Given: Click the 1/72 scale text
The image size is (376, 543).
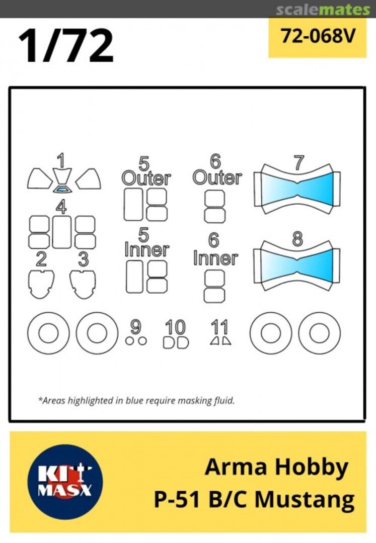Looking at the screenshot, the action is pyautogui.click(x=66, y=45).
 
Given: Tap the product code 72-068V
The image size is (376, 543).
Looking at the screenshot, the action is pyautogui.click(x=318, y=36).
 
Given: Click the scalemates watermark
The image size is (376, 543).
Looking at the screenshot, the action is pyautogui.click(x=323, y=10).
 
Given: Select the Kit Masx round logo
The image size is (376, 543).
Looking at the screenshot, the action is pyautogui.click(x=65, y=482).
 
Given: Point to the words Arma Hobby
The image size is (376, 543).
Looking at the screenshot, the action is pyautogui.click(x=276, y=468).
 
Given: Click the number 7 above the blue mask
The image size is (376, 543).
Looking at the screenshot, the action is pyautogui.click(x=298, y=163).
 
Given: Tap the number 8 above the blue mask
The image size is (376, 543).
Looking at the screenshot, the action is pyautogui.click(x=297, y=239).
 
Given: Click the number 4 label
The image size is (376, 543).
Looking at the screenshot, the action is pyautogui.click(x=61, y=207).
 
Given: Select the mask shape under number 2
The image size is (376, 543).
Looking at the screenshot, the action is pyautogui.click(x=41, y=284).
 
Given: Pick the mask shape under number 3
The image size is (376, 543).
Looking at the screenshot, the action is pyautogui.click(x=83, y=284).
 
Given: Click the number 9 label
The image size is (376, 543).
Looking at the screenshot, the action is pyautogui.click(x=135, y=327).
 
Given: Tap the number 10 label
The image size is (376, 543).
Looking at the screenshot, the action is pyautogui.click(x=175, y=327).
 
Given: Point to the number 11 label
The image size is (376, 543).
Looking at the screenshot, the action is pyautogui.click(x=219, y=327).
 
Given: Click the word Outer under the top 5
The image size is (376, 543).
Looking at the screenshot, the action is pyautogui.click(x=146, y=178).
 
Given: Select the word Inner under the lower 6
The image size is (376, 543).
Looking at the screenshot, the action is pyautogui.click(x=215, y=258).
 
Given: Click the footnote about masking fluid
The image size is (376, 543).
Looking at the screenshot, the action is pyautogui.click(x=136, y=401).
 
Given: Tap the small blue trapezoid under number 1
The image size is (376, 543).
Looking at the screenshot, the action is pyautogui.click(x=62, y=189).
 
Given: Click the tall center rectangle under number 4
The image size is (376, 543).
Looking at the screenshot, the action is pyautogui.click(x=62, y=232).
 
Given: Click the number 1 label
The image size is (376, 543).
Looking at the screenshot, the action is pyautogui.click(x=61, y=161).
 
